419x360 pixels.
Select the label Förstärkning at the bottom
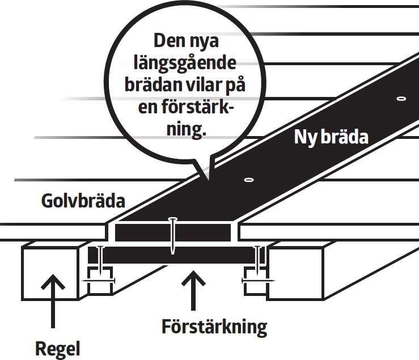coord(214,327)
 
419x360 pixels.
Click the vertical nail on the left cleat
coord(100,261)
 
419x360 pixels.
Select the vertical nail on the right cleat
coord(259,261)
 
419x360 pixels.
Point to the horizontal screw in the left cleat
coord(98,281)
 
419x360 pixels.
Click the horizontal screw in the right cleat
coord(259,280)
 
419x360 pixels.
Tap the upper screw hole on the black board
coord(401,99)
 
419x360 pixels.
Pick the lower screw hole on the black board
coord(248,180)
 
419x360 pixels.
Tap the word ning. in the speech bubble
coord(187,129)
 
